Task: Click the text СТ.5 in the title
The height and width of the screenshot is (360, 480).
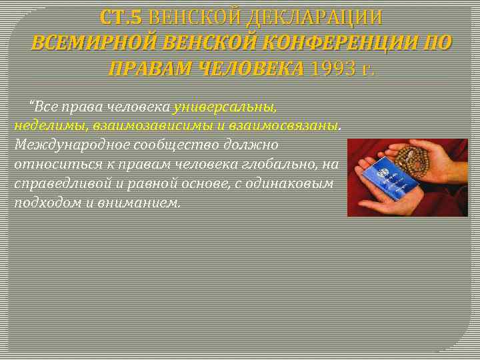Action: pyautogui.click(x=121, y=17)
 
